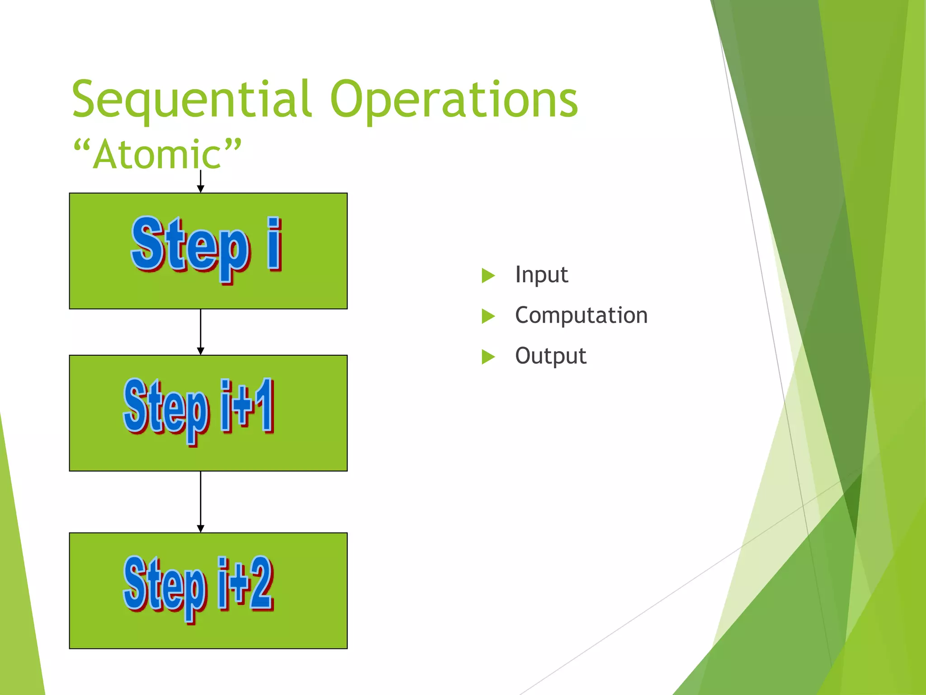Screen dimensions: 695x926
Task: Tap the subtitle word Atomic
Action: pos(157,155)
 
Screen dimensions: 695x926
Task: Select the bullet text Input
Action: pos(541,275)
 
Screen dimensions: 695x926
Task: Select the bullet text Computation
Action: pos(581,315)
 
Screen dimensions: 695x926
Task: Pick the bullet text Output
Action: pos(550,356)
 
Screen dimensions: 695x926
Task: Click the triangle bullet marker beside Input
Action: pos(488,275)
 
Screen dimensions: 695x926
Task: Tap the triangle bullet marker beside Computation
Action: pos(488,316)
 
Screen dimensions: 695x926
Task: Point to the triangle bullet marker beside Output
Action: pos(488,357)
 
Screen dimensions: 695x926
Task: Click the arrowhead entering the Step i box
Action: pos(201,188)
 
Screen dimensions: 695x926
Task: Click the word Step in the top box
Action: pos(190,247)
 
